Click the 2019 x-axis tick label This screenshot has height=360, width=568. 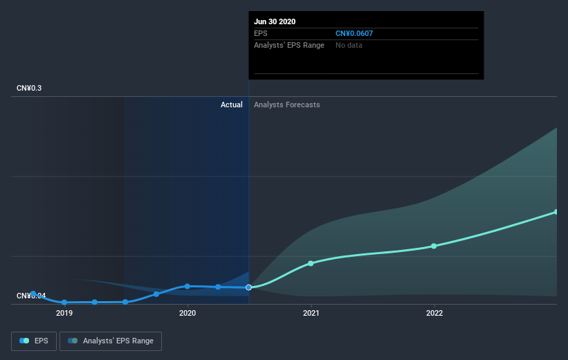(64, 313)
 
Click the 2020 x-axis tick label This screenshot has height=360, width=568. (187, 313)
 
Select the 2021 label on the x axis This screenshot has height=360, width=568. (311, 313)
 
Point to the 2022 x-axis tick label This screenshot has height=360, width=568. (434, 313)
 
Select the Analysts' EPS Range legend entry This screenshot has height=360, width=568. (111, 341)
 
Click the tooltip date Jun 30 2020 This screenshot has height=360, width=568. (275, 21)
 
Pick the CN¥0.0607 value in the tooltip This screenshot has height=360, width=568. (354, 33)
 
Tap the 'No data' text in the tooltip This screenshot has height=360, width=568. (349, 45)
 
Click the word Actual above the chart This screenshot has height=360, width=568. (231, 105)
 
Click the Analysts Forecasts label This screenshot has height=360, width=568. (287, 105)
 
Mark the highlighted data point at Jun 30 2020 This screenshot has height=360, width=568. (249, 287)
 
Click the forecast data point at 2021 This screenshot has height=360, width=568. (311, 263)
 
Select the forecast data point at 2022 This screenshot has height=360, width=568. (434, 246)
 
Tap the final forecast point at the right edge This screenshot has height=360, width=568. (556, 212)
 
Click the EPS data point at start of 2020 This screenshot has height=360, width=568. (187, 286)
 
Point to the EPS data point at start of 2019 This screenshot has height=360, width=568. (64, 303)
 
